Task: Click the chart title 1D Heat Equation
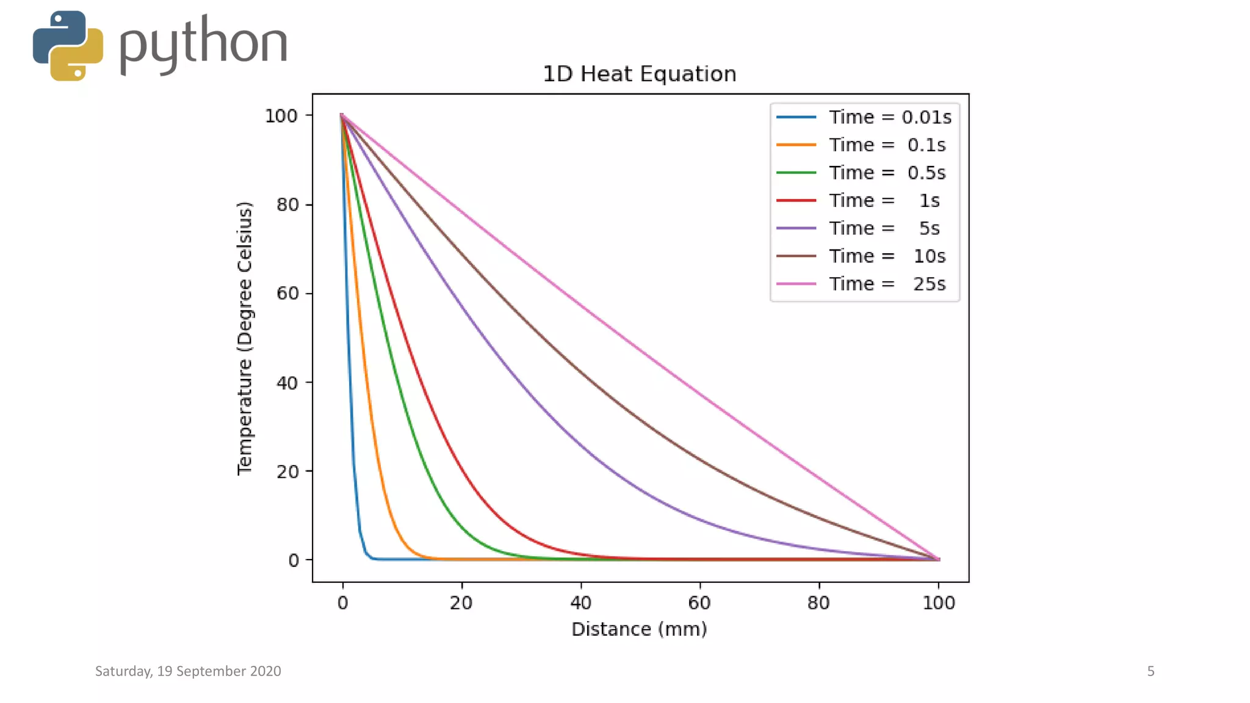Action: pyautogui.click(x=639, y=74)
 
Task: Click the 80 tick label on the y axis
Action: pyautogui.click(x=287, y=205)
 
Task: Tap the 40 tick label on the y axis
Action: pyautogui.click(x=287, y=383)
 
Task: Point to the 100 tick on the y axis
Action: pyautogui.click(x=281, y=116)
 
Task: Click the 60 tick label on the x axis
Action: pyautogui.click(x=699, y=603)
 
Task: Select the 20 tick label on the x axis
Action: pyautogui.click(x=461, y=603)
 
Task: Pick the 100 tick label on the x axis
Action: pyautogui.click(x=938, y=603)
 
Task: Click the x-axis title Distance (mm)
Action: pyautogui.click(x=639, y=629)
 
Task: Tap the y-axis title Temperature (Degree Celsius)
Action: pyautogui.click(x=245, y=338)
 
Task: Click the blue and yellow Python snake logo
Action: pyautogui.click(x=68, y=46)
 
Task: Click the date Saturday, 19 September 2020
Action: pyautogui.click(x=188, y=671)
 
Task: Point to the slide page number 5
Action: pyautogui.click(x=1151, y=671)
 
